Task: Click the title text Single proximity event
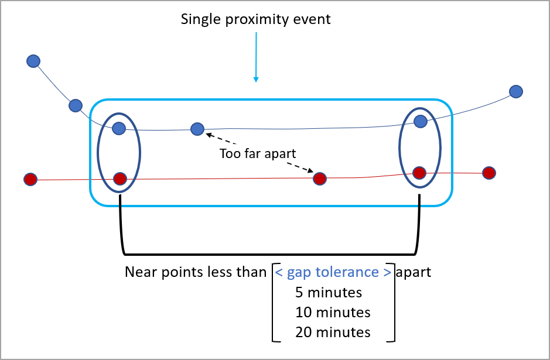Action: [x=255, y=19]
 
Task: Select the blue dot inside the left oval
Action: [x=119, y=128]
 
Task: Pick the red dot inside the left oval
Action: [x=119, y=179]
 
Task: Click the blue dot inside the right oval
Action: [x=420, y=121]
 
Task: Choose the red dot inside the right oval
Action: [x=419, y=173]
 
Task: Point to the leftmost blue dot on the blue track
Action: [x=33, y=61]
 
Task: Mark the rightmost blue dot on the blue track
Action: [x=515, y=91]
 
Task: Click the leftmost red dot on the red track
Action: [x=30, y=179]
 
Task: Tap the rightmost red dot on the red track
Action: [x=488, y=173]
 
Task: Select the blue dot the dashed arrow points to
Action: [x=197, y=129]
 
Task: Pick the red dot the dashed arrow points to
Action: [x=319, y=179]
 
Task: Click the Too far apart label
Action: [x=258, y=153]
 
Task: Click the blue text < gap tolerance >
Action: [x=333, y=272]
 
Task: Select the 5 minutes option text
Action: [x=329, y=292]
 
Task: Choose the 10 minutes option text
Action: [x=333, y=312]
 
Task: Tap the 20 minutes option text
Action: [x=333, y=332]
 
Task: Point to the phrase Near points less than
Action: [x=196, y=272]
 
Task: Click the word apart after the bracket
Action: [x=414, y=272]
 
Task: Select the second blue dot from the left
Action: [x=75, y=105]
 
